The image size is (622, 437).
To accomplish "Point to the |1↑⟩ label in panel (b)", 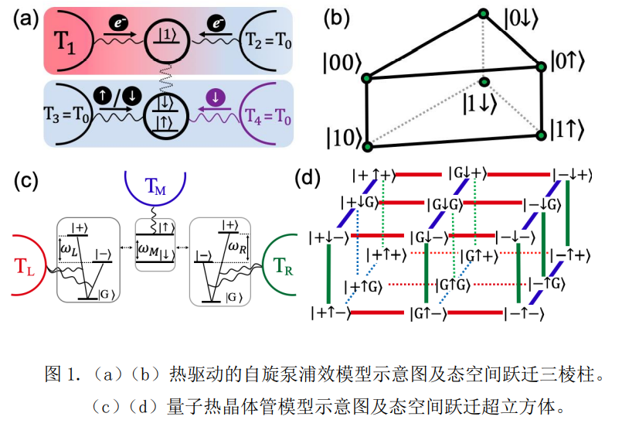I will pyautogui.click(x=571, y=126).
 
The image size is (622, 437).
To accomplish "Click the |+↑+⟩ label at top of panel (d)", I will pyautogui.click(x=364, y=176).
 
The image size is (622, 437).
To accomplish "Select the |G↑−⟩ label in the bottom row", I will pyautogui.click(x=426, y=313).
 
